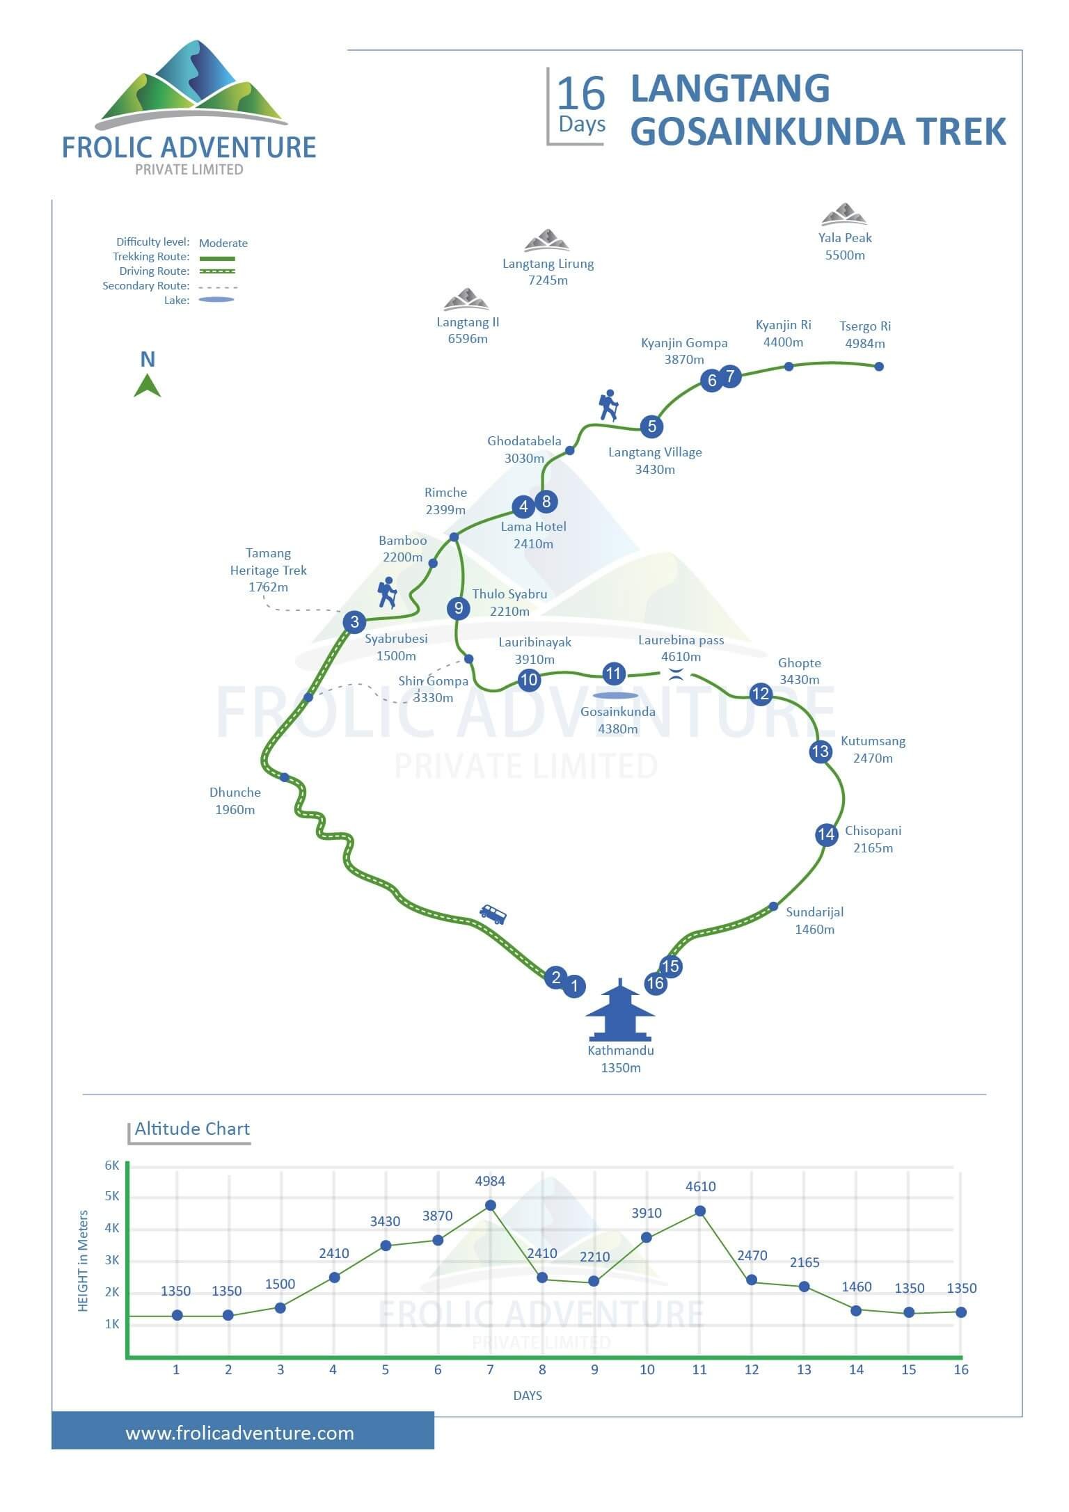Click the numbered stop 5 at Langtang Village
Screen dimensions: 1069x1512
(x=651, y=427)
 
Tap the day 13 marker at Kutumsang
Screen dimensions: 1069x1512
(x=821, y=751)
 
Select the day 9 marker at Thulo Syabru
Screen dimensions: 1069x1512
(x=459, y=608)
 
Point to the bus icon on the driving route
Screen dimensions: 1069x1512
(x=493, y=914)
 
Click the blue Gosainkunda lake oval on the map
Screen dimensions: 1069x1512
(x=615, y=695)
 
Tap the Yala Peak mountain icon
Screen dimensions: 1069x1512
(x=844, y=214)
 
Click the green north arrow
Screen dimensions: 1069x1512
(x=148, y=385)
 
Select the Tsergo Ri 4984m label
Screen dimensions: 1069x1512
(x=865, y=335)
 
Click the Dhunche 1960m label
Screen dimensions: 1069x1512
(x=235, y=801)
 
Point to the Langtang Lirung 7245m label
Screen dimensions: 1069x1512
(x=548, y=272)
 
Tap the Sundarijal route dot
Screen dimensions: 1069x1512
(x=773, y=906)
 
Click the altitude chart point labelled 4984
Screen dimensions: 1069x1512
(x=491, y=1205)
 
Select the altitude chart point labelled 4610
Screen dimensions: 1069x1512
(x=700, y=1211)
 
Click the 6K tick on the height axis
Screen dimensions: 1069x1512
(x=112, y=1165)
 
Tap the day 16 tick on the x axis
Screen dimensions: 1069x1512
(x=961, y=1369)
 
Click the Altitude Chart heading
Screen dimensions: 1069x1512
(x=192, y=1129)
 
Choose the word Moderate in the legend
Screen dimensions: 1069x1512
(x=223, y=243)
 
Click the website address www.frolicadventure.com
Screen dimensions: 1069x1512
(x=240, y=1433)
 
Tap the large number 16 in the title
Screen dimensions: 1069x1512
(x=581, y=94)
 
